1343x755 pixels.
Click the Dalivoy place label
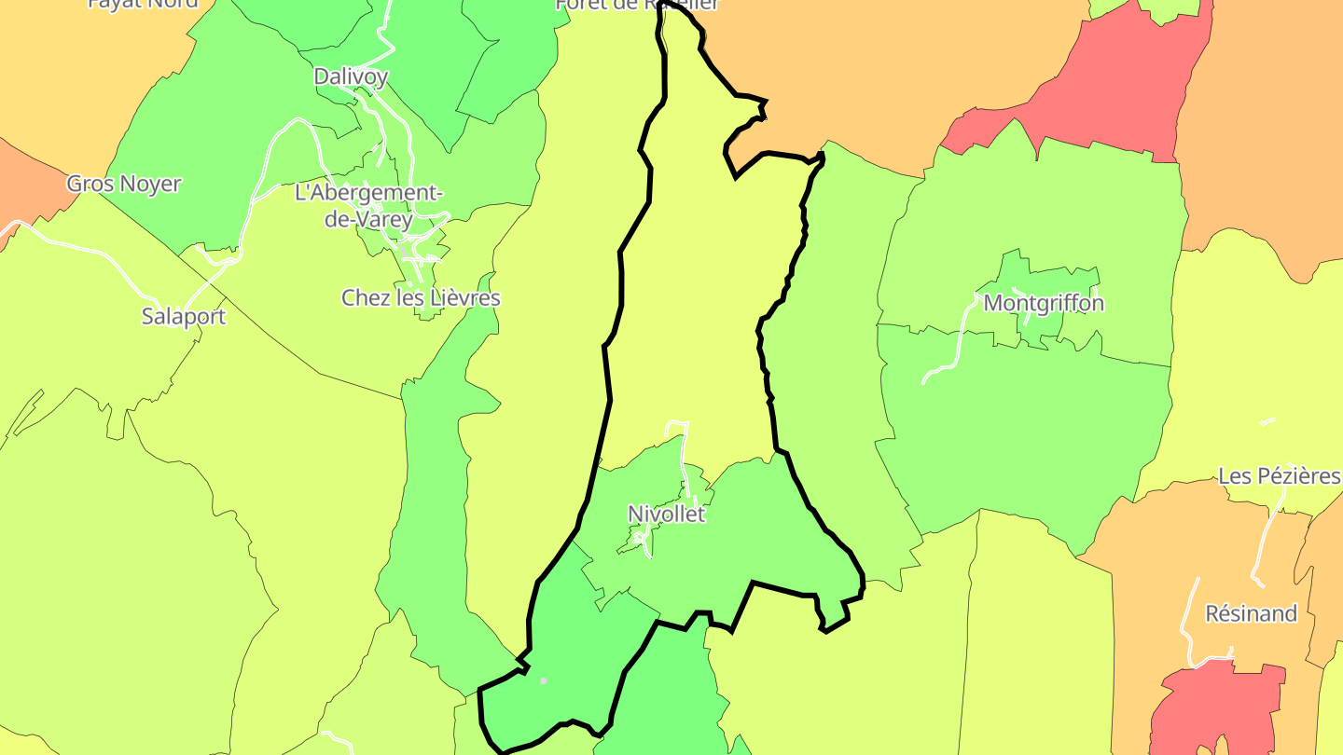[x=351, y=76]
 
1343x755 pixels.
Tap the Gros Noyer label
[x=123, y=184]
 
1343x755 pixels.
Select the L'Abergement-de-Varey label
[x=367, y=206]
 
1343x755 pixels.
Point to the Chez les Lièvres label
[x=421, y=298]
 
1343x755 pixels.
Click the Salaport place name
[x=184, y=316]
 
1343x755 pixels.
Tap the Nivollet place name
[x=666, y=514]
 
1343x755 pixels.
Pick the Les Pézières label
[x=1279, y=476]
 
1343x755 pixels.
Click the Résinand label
[x=1251, y=613]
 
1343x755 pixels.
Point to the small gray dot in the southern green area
[x=544, y=680]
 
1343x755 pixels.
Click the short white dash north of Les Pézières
[x=1267, y=422]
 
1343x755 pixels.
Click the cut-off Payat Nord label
[x=143, y=3]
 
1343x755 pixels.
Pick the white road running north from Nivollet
[x=684, y=457]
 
